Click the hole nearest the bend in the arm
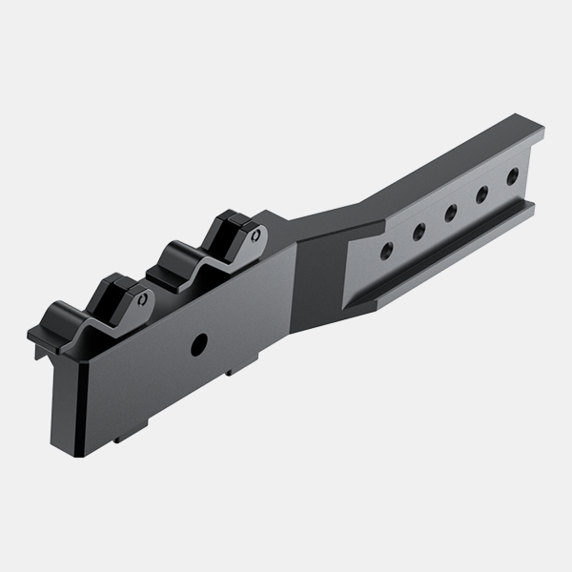click(x=386, y=251)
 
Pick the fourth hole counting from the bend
click(x=481, y=194)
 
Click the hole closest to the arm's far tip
click(x=513, y=175)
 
